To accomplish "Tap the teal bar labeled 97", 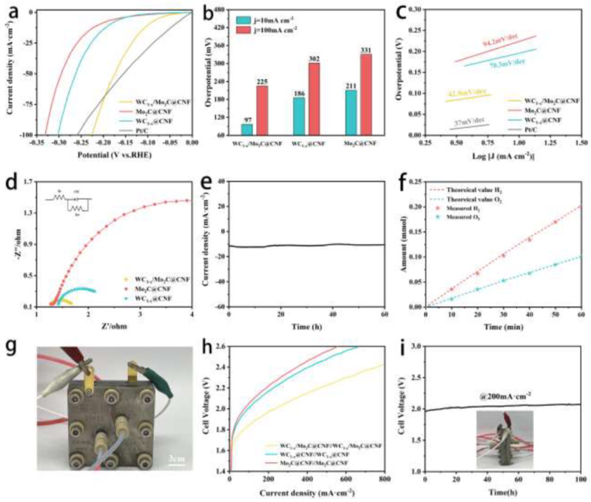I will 246,129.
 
